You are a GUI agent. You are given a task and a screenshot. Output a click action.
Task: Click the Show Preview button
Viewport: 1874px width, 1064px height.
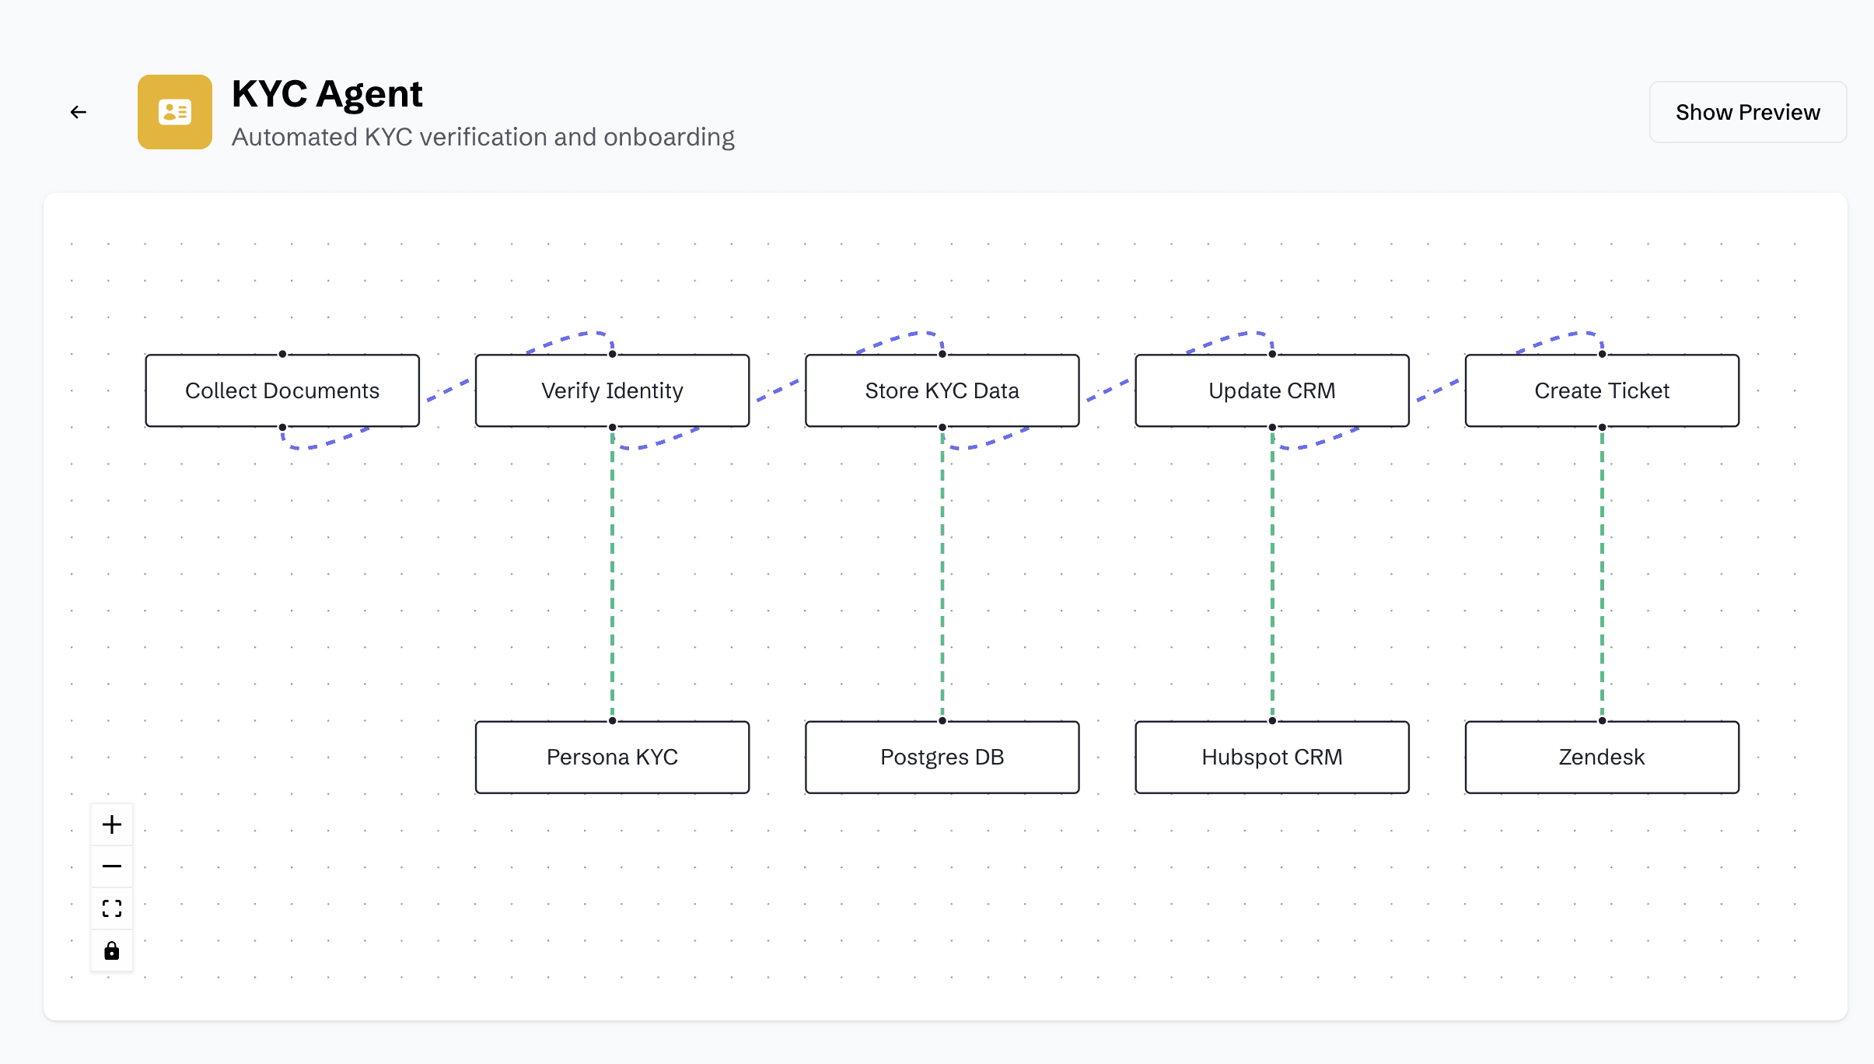pos(1747,112)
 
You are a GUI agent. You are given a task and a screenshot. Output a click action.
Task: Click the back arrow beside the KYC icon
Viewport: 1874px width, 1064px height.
pos(78,112)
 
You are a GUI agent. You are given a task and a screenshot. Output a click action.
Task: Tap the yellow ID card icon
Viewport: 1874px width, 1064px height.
pos(175,112)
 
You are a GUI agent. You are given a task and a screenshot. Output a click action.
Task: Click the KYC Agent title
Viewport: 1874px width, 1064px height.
pos(327,95)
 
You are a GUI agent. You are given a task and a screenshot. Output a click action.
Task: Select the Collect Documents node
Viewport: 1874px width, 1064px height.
pos(282,390)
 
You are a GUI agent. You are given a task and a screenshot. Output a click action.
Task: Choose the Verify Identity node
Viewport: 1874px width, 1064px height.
pos(613,390)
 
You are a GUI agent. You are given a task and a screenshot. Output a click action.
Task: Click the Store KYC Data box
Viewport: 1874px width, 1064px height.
pos(942,390)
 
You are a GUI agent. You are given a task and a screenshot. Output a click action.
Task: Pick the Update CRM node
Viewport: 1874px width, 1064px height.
pos(1272,390)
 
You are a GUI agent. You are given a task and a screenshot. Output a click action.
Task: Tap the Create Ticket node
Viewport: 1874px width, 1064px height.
pos(1602,390)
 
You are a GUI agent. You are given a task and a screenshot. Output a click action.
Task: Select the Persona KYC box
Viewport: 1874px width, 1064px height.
pos(613,758)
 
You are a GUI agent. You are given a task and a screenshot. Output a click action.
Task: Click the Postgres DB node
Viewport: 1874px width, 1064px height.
pos(942,758)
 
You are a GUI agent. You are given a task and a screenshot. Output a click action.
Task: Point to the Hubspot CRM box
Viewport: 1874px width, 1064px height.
pos(1272,758)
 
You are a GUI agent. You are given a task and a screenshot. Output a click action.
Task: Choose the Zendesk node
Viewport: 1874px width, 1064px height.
pos(1602,758)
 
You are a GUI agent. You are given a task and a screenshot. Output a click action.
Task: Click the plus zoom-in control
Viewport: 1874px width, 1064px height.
pos(112,824)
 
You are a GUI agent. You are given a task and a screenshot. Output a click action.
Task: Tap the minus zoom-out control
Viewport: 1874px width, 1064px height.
pos(112,866)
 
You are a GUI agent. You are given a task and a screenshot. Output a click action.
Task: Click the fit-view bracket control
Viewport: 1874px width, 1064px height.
pos(112,908)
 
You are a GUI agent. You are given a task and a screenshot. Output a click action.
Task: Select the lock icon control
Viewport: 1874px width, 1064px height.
pos(112,950)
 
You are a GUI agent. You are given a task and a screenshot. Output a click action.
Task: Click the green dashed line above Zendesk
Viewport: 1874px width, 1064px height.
pos(1602,574)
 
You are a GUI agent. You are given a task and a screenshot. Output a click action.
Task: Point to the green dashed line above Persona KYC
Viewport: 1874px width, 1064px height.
pos(613,574)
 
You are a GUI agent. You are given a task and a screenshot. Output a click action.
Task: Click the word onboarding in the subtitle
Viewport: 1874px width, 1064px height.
pos(669,137)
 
